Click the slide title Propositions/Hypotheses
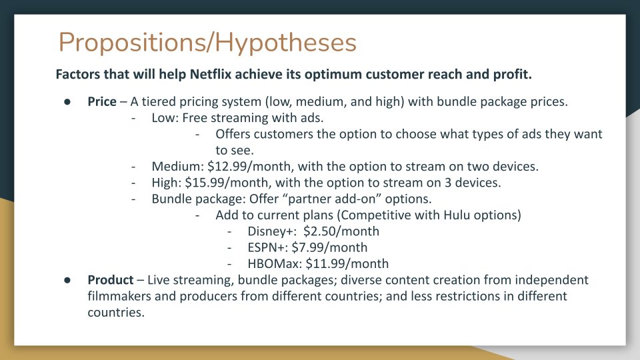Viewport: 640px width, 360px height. pos(208,43)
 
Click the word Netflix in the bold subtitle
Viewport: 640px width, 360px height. pos(211,74)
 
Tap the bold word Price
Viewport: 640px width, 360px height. pos(102,101)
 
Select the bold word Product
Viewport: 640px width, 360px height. pos(111,280)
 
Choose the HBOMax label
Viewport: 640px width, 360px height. pos(275,264)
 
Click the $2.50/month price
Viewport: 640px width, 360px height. pos(341,231)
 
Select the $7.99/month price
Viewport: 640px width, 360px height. pos(329,248)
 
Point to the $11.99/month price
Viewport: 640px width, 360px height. pos(347,264)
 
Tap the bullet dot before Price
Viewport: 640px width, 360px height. pos(67,102)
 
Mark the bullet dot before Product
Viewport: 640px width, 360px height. pos(67,281)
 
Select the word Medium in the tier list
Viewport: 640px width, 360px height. pos(176,167)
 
